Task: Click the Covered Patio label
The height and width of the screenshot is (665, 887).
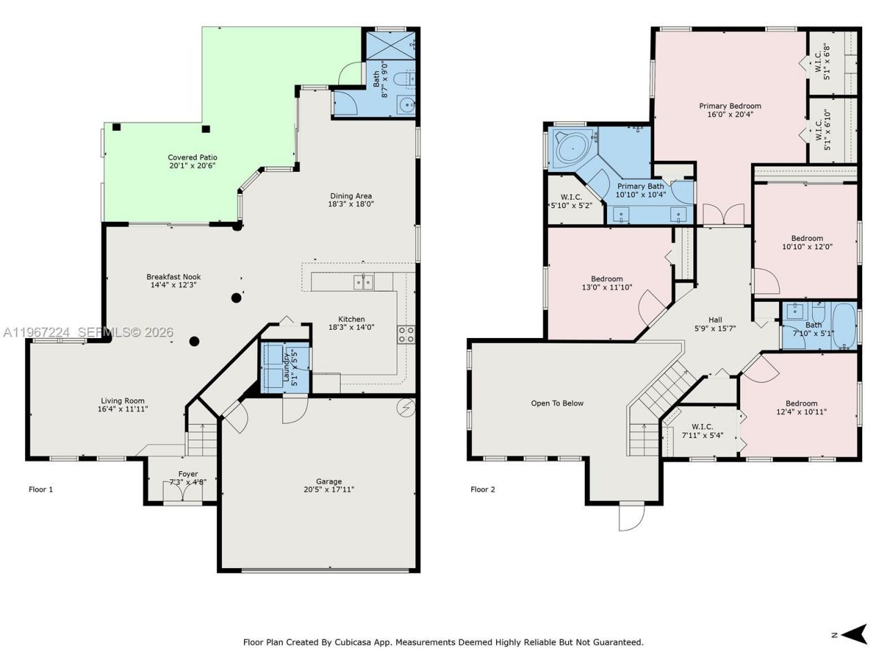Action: click(x=192, y=157)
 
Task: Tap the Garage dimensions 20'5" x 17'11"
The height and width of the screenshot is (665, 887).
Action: click(x=328, y=490)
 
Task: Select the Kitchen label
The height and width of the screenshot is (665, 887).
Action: click(x=351, y=319)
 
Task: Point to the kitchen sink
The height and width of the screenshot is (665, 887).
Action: click(x=362, y=281)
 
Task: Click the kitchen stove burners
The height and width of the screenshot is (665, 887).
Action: click(x=405, y=335)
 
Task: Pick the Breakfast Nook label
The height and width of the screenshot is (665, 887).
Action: click(x=173, y=277)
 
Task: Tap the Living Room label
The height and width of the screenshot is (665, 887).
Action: click(x=123, y=401)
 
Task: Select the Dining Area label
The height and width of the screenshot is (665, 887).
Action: click(x=351, y=196)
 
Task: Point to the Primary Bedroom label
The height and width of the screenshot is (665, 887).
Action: click(x=730, y=106)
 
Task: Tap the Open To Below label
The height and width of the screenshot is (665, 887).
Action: click(x=557, y=403)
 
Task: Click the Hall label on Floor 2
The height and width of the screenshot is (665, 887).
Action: click(x=714, y=319)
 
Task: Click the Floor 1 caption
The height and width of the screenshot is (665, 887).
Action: click(x=41, y=490)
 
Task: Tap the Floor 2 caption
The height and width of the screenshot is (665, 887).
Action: click(x=483, y=490)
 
